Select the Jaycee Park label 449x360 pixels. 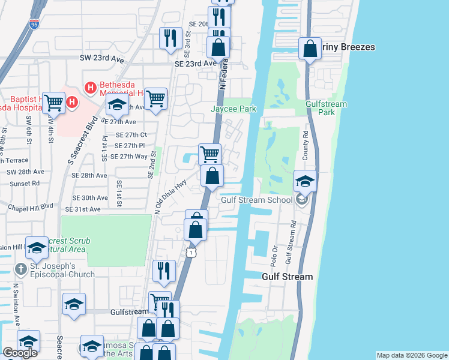pyautogui.click(x=234, y=109)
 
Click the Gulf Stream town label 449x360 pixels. pyautogui.click(x=288, y=277)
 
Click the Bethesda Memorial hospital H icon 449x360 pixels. pyautogui.click(x=91, y=88)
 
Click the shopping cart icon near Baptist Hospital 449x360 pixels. pyautogui.click(x=53, y=103)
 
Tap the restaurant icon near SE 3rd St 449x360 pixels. pyautogui.click(x=170, y=38)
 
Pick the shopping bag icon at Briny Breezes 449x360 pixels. pyautogui.click(x=310, y=49)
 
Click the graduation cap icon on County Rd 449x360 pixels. pyautogui.click(x=305, y=181)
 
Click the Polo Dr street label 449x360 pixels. pyautogui.click(x=275, y=254)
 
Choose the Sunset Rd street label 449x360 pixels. pyautogui.click(x=24, y=183)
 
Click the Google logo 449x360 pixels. pyautogui.click(x=20, y=352)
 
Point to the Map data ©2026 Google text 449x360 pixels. pyautogui.click(x=411, y=355)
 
